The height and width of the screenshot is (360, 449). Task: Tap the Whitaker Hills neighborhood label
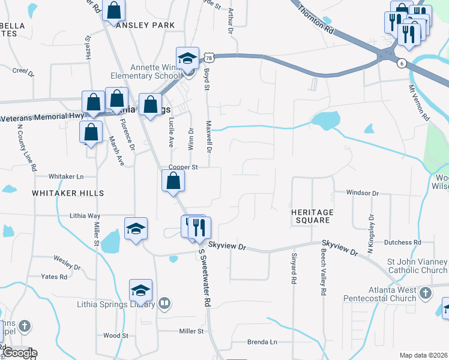(68, 193)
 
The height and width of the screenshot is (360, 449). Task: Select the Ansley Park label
(145, 25)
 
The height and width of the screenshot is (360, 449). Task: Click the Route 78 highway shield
(208, 57)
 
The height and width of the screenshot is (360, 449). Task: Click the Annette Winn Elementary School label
(145, 71)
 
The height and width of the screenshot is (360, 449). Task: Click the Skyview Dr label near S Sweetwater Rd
(227, 246)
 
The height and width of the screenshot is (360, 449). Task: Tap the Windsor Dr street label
(363, 193)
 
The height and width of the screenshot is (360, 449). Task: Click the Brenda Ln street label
(262, 342)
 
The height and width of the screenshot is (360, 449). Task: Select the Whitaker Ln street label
(66, 176)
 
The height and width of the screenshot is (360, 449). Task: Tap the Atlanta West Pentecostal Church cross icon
(425, 293)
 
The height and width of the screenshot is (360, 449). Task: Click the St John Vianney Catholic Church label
(417, 266)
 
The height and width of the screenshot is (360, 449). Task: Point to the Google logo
(19, 353)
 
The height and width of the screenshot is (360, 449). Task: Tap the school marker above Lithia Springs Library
(140, 291)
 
